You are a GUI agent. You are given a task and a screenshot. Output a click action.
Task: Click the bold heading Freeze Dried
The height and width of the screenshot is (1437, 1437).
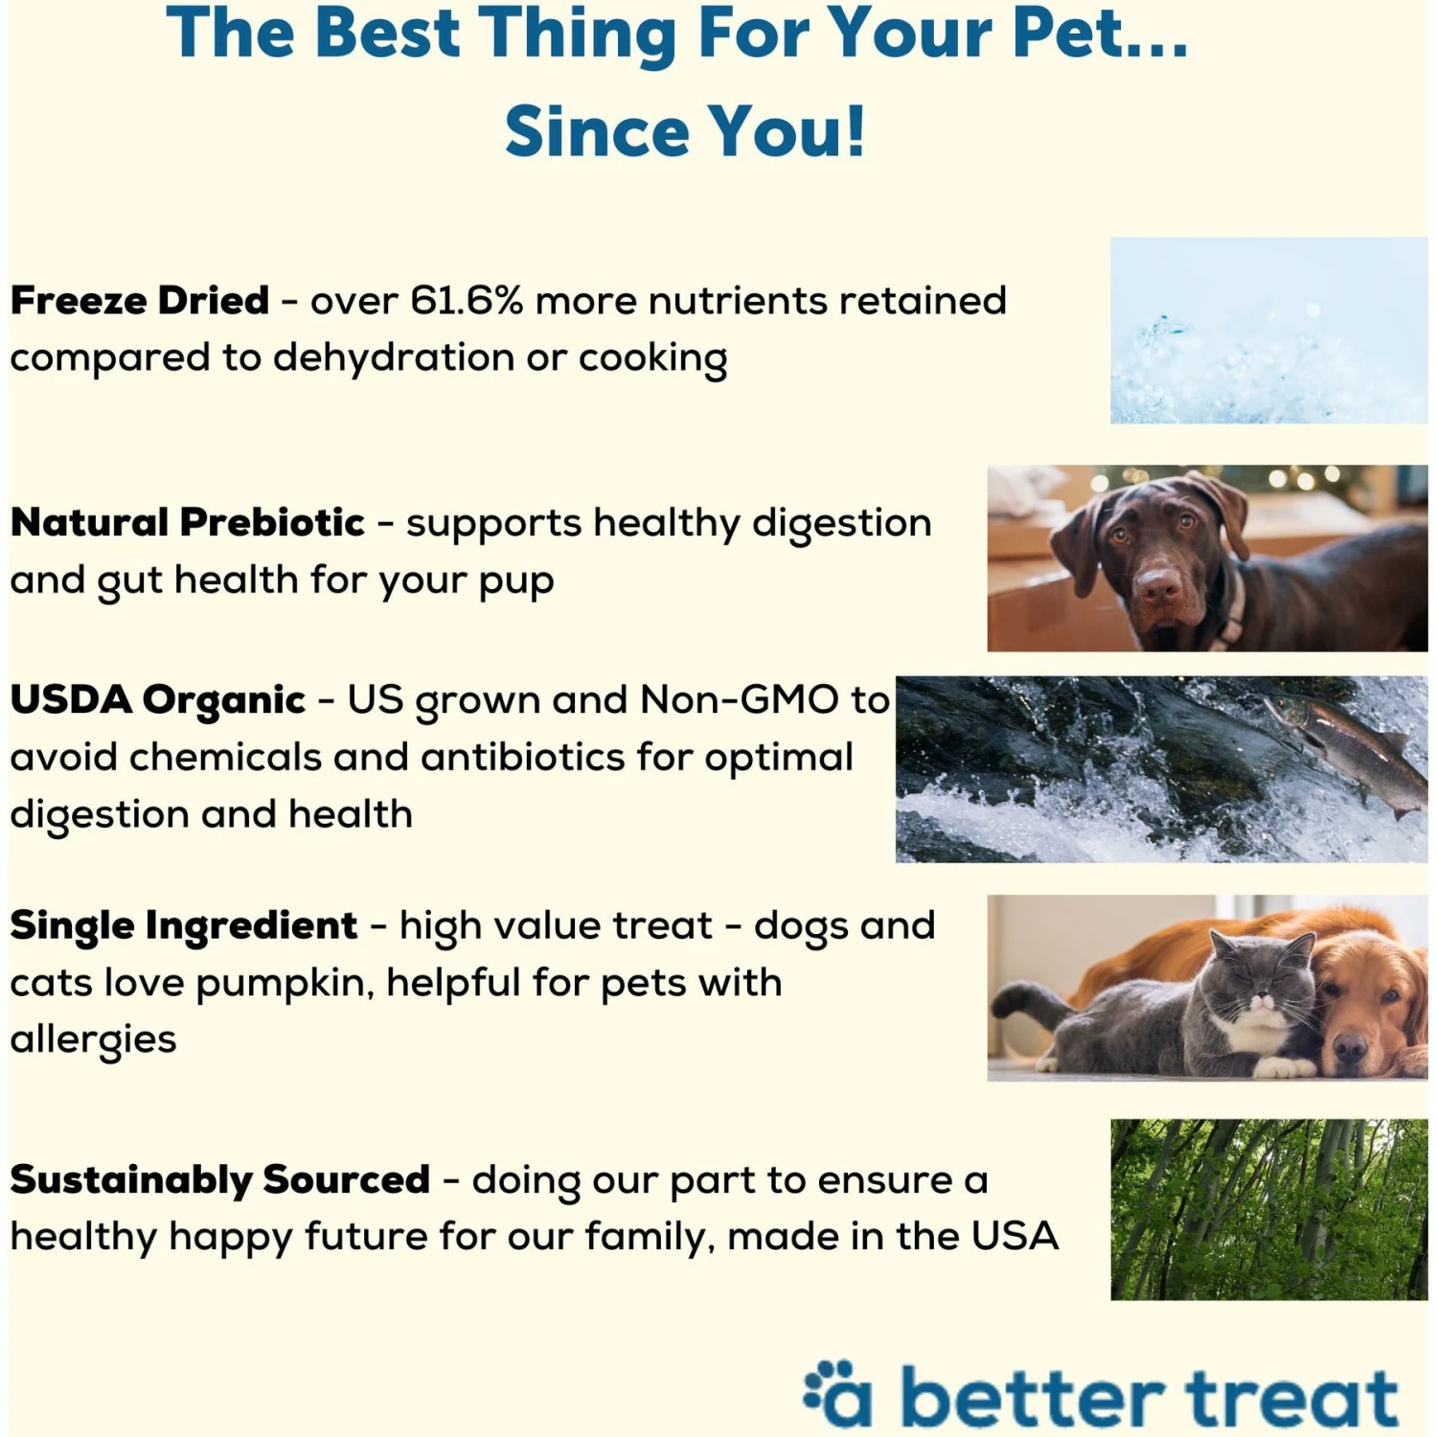point(139,301)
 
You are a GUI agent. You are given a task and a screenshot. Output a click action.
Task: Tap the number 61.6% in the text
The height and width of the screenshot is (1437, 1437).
point(467,301)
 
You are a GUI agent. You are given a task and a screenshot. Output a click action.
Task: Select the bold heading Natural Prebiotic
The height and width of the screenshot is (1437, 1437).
point(187,523)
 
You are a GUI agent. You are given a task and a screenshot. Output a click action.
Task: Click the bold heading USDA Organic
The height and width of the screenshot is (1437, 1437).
point(157,700)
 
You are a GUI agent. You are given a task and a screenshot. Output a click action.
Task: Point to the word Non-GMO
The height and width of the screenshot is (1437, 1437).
point(739,700)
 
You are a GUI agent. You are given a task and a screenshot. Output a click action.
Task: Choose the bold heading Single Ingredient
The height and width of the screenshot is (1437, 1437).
point(183,925)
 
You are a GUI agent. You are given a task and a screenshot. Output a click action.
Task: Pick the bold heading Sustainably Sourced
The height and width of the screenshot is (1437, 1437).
point(219,1179)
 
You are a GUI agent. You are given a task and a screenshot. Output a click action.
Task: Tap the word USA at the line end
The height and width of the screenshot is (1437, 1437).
point(1015,1236)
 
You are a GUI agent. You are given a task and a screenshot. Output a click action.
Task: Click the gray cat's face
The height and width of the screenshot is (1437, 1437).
point(1260,992)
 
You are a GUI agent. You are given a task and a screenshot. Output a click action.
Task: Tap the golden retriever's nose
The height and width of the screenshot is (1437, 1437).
point(1351,1046)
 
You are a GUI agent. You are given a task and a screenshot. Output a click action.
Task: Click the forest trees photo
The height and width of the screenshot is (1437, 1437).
point(1268,1209)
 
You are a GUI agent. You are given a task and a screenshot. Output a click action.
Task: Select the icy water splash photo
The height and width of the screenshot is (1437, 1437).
point(1268,331)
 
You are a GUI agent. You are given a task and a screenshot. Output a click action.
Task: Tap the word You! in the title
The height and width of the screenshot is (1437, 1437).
point(786,131)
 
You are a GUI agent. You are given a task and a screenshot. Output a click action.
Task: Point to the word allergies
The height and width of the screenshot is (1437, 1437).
point(93,1039)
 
